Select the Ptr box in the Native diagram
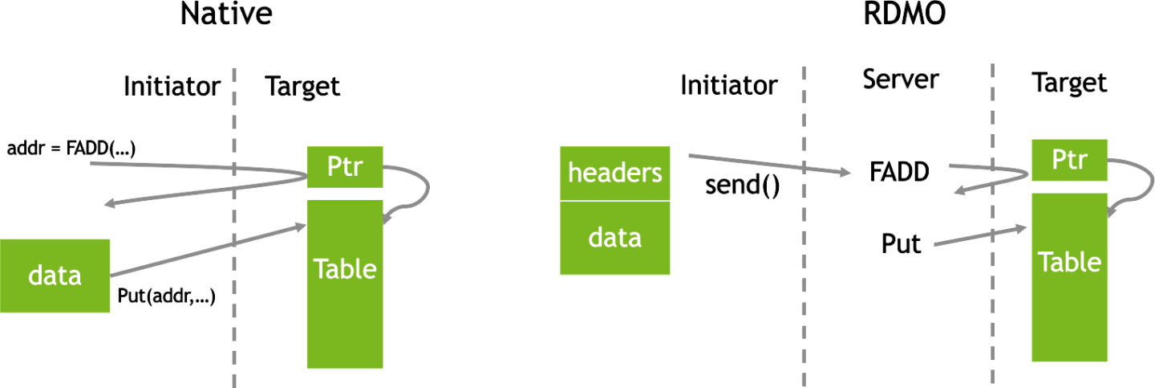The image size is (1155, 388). click(x=345, y=166)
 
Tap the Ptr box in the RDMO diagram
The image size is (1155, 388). click(x=1070, y=160)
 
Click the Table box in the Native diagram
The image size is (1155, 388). click(x=345, y=283)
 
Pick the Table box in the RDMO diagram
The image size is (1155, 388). click(x=1070, y=276)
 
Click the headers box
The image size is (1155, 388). click(x=614, y=173)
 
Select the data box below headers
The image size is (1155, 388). click(x=614, y=238)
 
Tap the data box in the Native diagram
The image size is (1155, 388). click(x=55, y=276)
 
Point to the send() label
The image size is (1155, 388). click(x=742, y=186)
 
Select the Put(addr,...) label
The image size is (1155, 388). click(x=167, y=296)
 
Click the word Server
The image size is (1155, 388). click(x=900, y=80)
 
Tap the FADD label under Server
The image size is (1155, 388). click(x=899, y=171)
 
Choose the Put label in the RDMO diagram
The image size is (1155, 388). click(x=902, y=243)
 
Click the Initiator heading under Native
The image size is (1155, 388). click(x=172, y=86)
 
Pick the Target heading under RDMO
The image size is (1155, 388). click(x=1069, y=83)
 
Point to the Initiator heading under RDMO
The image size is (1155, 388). click(x=728, y=85)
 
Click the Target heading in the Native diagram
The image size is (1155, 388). click(x=303, y=86)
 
